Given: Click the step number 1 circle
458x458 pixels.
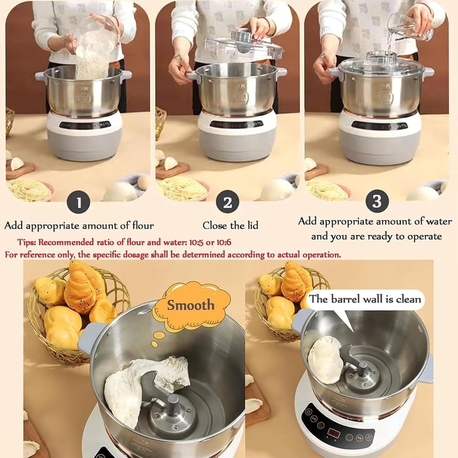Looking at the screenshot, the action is (x=79, y=203).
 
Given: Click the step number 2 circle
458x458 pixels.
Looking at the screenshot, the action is (x=227, y=203).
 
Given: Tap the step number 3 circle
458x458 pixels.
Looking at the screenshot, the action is (x=377, y=202).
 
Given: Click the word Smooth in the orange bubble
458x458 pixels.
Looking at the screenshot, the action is (x=191, y=305).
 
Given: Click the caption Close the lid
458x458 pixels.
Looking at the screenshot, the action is (x=230, y=225).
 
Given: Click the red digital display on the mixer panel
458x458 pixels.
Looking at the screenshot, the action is (x=334, y=432).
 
